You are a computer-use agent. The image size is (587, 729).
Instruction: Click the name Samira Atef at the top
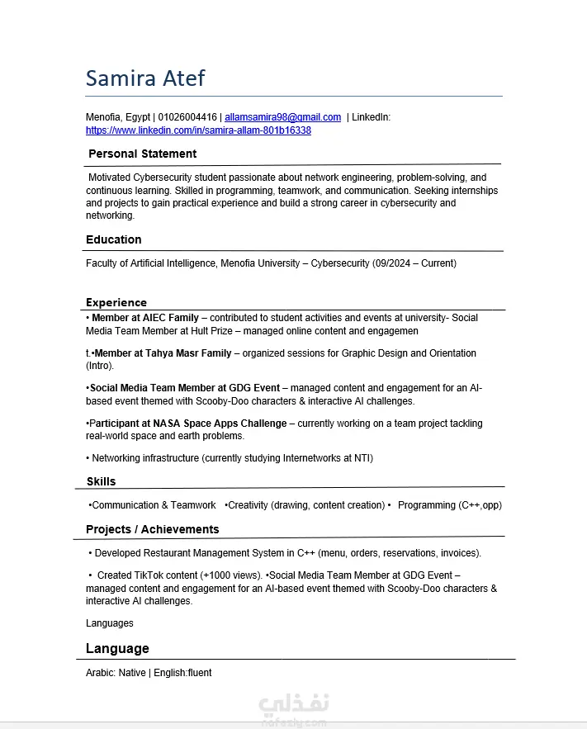pos(145,78)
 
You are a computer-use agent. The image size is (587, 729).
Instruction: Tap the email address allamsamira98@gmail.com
pos(282,117)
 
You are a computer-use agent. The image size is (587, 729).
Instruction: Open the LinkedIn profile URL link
pos(198,130)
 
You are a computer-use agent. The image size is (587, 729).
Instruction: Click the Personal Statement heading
pos(142,154)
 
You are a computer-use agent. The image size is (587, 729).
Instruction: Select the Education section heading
pos(114,239)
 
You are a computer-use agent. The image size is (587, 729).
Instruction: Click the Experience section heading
pos(116,302)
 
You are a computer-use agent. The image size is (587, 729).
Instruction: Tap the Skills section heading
pos(101,481)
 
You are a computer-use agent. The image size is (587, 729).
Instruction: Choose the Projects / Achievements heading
pos(153,529)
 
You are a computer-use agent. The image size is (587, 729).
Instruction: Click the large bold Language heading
pos(117,648)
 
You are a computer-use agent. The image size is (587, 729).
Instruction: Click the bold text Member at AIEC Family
pos(145,318)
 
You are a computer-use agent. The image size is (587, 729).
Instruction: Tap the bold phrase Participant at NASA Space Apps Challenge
pos(188,424)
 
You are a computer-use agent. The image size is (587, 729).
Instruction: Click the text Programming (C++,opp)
pos(449,505)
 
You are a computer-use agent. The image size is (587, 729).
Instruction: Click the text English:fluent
pos(182,673)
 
